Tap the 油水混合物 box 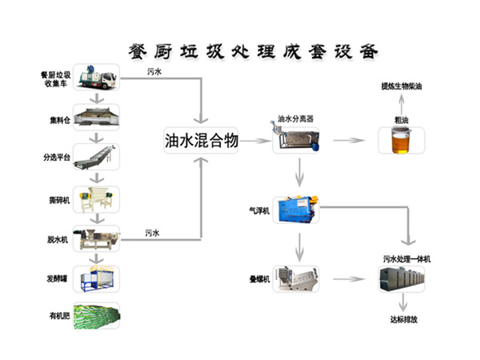200,142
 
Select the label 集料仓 59,121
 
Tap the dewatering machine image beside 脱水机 98,238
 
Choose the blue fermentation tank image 98,278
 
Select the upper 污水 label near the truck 155,72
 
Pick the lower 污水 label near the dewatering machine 154,232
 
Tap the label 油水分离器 294,119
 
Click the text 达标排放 405,319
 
